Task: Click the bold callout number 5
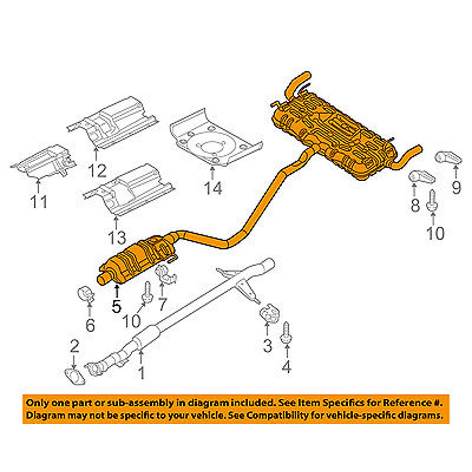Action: (117, 306)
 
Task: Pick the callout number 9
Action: (455, 187)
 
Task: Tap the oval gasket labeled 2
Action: (75, 376)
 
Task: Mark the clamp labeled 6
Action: (85, 294)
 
